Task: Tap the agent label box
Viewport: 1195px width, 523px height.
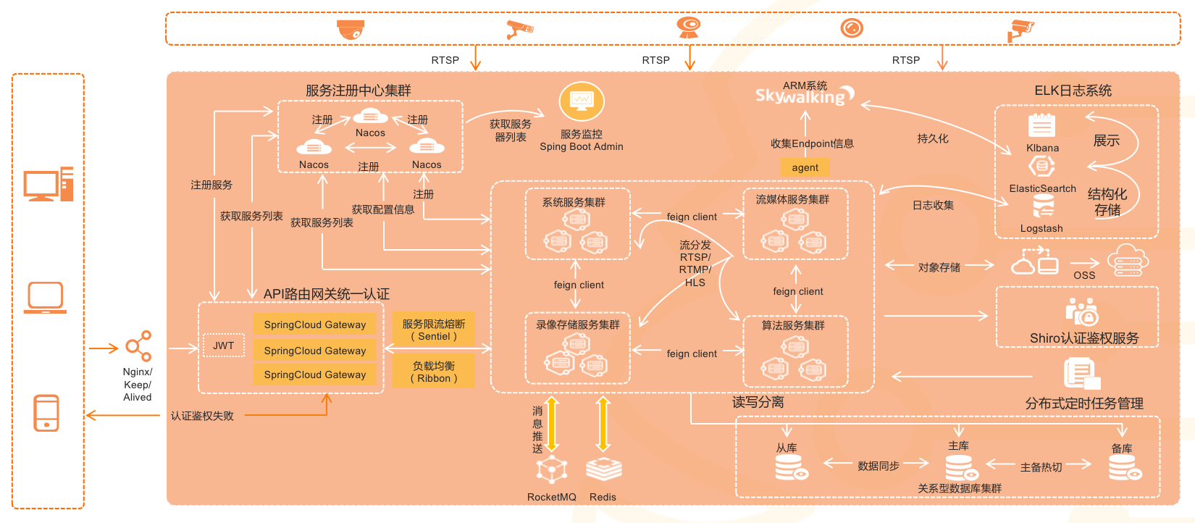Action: coord(805,167)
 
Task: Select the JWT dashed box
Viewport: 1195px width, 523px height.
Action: coord(223,346)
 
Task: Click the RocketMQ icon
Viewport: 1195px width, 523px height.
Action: coord(552,469)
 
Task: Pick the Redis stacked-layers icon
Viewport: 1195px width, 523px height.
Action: coord(603,469)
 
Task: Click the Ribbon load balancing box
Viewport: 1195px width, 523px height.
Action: coord(434,372)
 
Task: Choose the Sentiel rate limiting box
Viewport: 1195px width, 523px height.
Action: coord(434,330)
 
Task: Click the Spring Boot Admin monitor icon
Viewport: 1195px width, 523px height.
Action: coord(581,101)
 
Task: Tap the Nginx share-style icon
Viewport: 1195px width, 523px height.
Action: coord(138,346)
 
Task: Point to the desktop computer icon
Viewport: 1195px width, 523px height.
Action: coord(48,184)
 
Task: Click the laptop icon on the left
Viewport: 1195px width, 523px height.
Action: coord(45,298)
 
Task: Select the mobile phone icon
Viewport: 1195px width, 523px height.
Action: coord(46,413)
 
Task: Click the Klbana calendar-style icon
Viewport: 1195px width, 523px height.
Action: coord(1041,125)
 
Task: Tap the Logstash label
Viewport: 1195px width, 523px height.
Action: coord(1041,228)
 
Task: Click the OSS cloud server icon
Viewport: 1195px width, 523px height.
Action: coord(1128,260)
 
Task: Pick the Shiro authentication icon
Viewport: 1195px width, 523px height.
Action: coord(1082,311)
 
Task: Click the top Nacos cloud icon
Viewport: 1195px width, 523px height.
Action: coord(370,116)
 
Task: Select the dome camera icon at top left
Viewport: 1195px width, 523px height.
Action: coord(351,30)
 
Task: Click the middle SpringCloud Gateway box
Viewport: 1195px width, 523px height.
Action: coord(314,351)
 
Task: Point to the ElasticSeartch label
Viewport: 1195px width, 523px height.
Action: coord(1042,188)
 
